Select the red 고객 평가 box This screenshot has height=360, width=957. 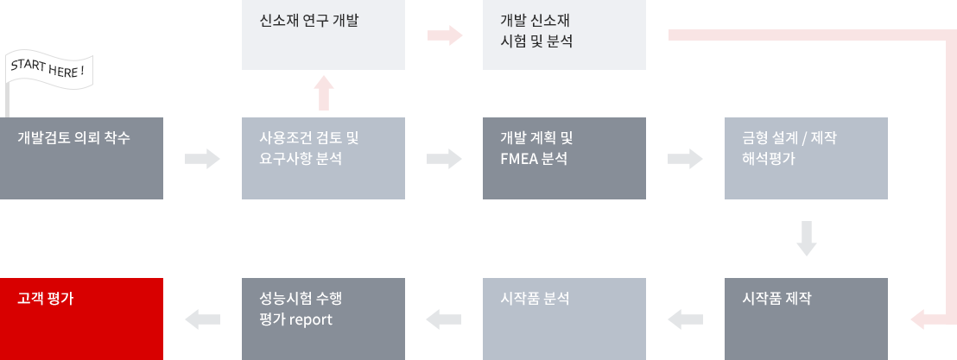pyautogui.click(x=81, y=319)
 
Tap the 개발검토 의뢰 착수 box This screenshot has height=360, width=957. pyautogui.click(x=81, y=158)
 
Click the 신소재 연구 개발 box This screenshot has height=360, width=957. pyautogui.click(x=324, y=35)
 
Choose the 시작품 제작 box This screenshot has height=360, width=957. pyautogui.click(x=806, y=319)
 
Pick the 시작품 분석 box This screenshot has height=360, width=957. pyautogui.click(x=564, y=319)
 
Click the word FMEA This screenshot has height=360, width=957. pyautogui.click(x=518, y=159)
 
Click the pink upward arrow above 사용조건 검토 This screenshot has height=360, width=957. pyautogui.click(x=324, y=92)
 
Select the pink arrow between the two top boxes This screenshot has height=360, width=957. pyautogui.click(x=445, y=35)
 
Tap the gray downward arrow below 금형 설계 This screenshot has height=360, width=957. pyautogui.click(x=806, y=238)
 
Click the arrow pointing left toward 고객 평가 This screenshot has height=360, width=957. pyautogui.click(x=203, y=319)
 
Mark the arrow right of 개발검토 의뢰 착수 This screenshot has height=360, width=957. pyautogui.click(x=203, y=159)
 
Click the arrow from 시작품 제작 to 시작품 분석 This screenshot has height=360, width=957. pyautogui.click(x=686, y=319)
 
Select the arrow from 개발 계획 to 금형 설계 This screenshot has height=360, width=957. pyautogui.click(x=686, y=159)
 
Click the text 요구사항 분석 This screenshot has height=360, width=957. pyautogui.click(x=301, y=159)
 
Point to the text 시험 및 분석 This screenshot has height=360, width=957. pyautogui.click(x=536, y=42)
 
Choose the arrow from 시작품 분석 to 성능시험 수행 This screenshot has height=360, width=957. pyautogui.click(x=444, y=319)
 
